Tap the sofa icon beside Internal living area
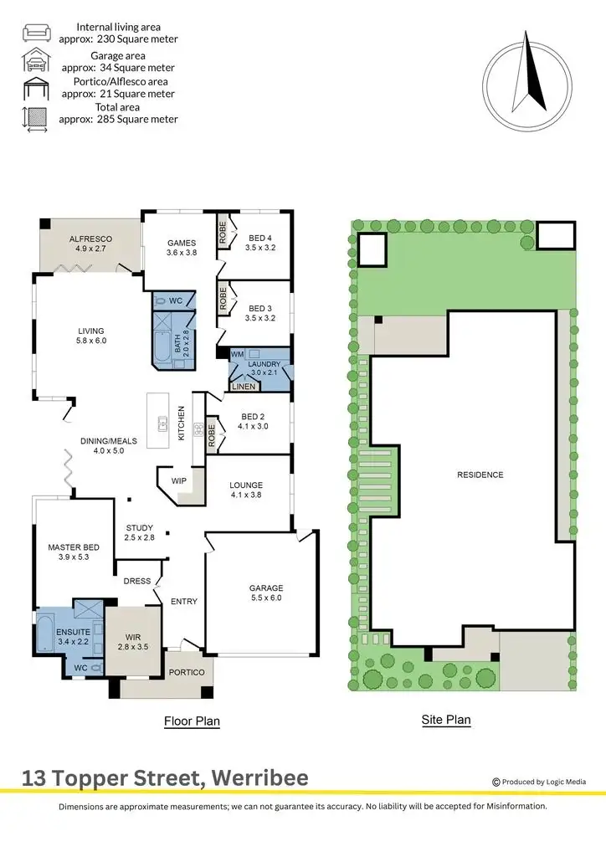click(x=35, y=33)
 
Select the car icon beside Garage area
click(x=35, y=61)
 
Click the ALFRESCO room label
click(x=90, y=239)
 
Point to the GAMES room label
click(x=181, y=244)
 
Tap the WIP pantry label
click(x=178, y=481)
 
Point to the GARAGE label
click(x=266, y=588)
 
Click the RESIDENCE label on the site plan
click(x=480, y=475)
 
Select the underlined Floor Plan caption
click(x=192, y=721)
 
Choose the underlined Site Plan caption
click(x=446, y=720)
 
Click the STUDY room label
click(x=140, y=527)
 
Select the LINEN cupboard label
click(x=244, y=387)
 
